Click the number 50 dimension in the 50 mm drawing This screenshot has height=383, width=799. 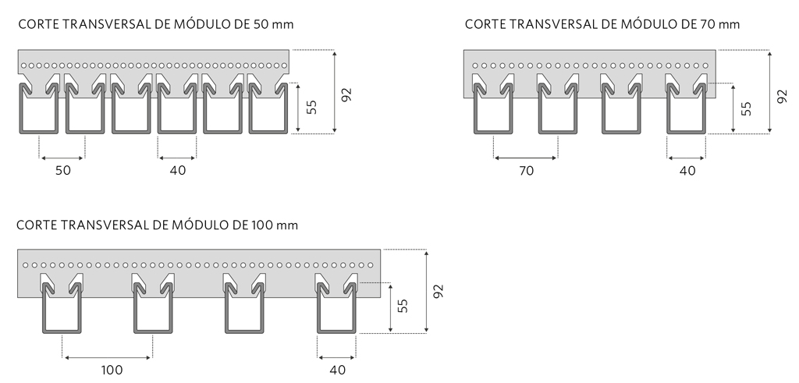pos(62,171)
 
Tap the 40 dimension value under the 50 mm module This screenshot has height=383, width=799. pos(178,171)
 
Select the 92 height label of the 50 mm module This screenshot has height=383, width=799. pos(347,94)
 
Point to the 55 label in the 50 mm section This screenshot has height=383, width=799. pos(311,108)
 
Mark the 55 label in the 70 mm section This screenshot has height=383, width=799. pos(747,108)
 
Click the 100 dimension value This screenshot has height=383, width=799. pos(112,371)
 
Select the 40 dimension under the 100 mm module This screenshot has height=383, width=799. pos(337,371)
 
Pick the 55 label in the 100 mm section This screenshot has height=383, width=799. pos(403,307)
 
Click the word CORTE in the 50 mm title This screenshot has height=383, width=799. pos(36,24)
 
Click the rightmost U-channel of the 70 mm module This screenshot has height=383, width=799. pos(687,113)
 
